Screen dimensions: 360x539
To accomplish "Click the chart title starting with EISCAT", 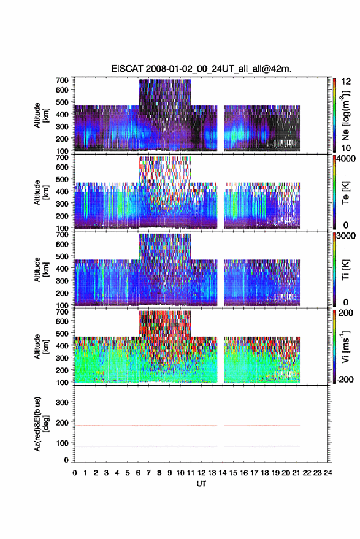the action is (201, 69).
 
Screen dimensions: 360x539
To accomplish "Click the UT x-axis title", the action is (201, 484).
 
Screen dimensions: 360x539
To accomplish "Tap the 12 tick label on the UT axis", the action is (202, 473).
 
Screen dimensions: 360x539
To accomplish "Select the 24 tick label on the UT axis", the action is (327, 473).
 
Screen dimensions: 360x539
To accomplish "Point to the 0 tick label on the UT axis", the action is (75, 473).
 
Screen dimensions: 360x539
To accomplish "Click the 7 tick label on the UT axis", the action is (148, 473).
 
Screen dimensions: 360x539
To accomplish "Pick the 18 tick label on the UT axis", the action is (265, 473).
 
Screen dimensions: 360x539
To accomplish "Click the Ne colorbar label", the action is (345, 115).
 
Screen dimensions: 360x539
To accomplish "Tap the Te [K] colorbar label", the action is (345, 193).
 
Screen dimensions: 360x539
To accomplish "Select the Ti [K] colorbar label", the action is (345, 270).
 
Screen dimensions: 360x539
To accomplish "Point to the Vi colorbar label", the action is (345, 346).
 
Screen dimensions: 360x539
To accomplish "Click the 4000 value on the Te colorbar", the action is (347, 159).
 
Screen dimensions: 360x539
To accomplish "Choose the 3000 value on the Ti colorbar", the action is (347, 236).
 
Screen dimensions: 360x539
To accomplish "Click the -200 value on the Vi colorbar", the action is (345, 379).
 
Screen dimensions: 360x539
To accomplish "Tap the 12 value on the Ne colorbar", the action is (346, 82).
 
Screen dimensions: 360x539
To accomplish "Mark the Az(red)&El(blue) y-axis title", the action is (41, 424).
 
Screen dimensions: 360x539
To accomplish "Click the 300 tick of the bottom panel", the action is (62, 402).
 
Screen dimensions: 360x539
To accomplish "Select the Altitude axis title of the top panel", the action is (40, 115).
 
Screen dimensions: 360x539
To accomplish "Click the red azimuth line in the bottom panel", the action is (188, 426).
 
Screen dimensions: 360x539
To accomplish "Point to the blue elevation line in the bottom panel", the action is (188, 446).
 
